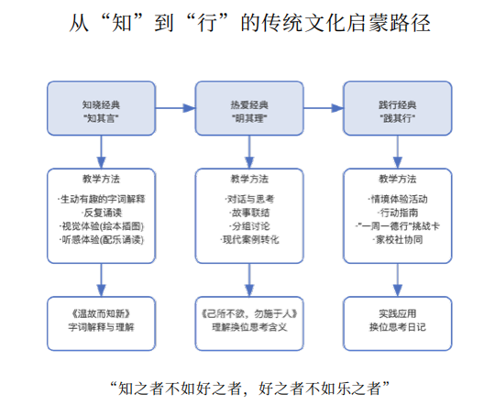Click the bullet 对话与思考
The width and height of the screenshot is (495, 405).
pyautogui.click(x=248, y=199)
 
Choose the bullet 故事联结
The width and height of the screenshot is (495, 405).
pyautogui.click(x=248, y=213)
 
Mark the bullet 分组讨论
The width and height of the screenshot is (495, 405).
pyautogui.click(x=248, y=225)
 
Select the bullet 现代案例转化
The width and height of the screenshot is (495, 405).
pyautogui.click(x=248, y=239)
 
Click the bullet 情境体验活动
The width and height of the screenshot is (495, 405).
pyautogui.click(x=397, y=199)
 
